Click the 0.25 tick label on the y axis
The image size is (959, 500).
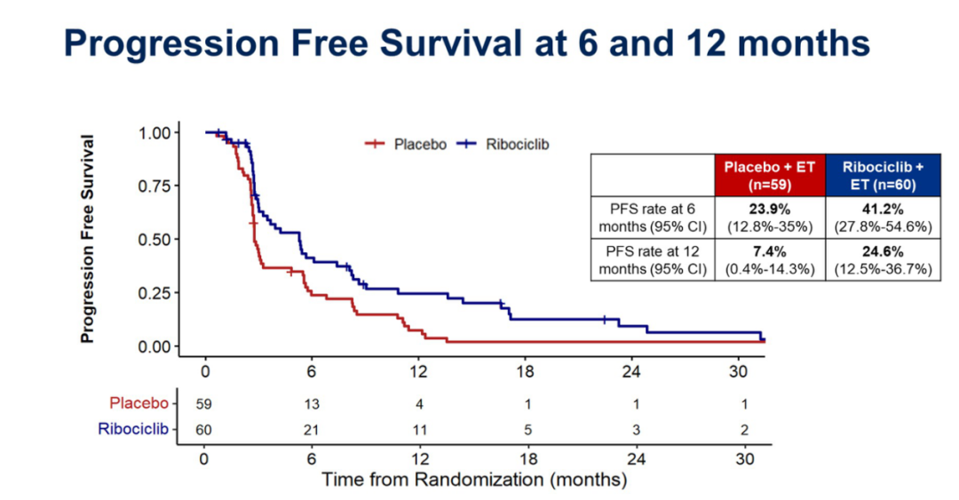156,293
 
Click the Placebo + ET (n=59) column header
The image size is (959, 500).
769,174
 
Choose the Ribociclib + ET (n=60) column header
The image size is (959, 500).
883,174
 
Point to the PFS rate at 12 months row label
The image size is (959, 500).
652,258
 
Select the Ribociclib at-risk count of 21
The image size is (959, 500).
312,430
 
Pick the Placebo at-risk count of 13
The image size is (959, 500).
312,403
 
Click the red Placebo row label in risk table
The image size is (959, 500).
138,403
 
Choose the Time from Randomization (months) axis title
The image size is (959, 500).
474,480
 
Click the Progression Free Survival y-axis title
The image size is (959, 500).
88,239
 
